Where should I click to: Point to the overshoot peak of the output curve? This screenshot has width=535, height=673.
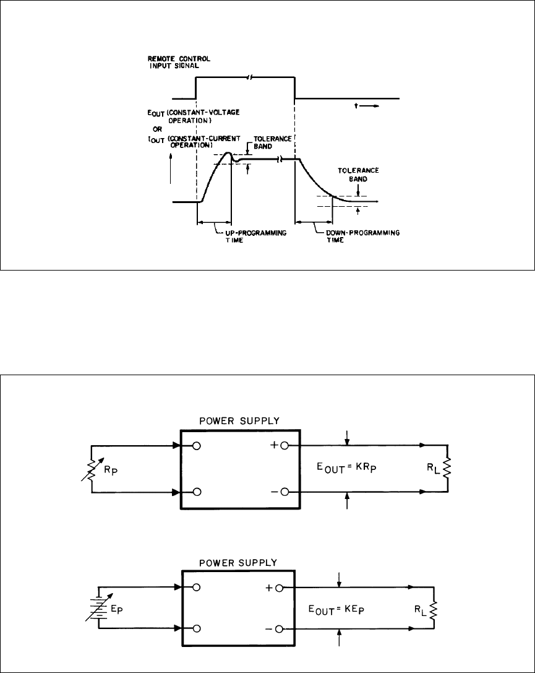click(x=228, y=153)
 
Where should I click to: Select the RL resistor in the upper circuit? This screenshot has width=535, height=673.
click(x=445, y=461)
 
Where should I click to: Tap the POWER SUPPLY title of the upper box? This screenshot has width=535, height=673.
click(x=241, y=420)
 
